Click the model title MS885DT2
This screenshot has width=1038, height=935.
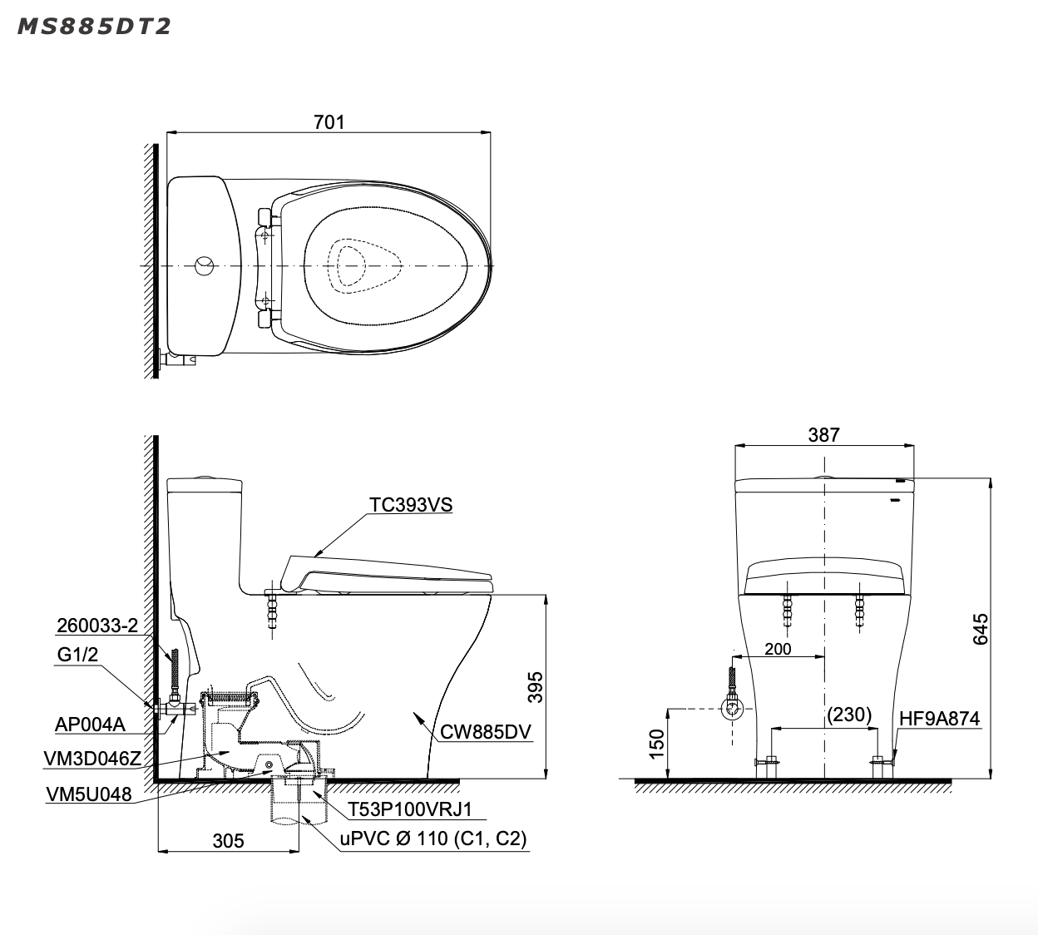tap(94, 27)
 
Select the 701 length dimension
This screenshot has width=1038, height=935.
tap(329, 121)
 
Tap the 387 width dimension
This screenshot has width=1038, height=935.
tap(823, 434)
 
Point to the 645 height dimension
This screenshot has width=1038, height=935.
tap(981, 629)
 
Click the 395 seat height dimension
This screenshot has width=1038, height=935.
tap(536, 687)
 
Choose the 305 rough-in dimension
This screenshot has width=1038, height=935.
tap(228, 841)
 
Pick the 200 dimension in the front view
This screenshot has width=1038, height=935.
tap(778, 648)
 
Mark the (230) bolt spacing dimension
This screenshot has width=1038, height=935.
tap(849, 714)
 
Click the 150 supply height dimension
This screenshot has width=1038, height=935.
tap(657, 743)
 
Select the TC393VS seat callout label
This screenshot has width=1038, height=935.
tap(411, 505)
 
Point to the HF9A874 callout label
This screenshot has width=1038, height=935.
tap(939, 718)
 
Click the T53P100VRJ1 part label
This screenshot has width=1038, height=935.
tap(405, 809)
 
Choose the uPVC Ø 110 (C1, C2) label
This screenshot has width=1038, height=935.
tap(432, 839)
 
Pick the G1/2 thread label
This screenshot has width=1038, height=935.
tap(77, 655)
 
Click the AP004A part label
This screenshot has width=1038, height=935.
tap(90, 725)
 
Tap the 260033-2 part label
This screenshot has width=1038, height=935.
tap(97, 626)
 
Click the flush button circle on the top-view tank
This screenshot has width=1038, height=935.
tap(204, 265)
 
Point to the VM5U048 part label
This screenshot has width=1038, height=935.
tap(88, 794)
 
